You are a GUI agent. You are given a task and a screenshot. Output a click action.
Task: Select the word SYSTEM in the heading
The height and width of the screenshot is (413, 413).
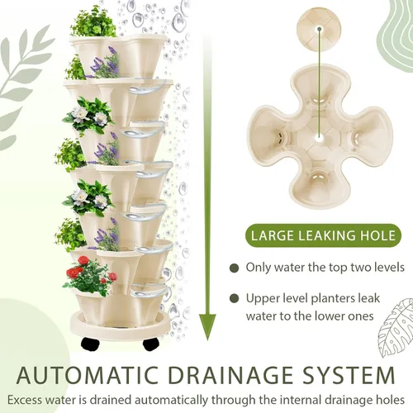349,375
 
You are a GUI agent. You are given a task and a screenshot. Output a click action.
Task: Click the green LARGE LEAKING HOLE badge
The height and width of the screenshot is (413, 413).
323,235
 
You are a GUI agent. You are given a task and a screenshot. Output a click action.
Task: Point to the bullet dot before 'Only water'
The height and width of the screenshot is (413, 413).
235,268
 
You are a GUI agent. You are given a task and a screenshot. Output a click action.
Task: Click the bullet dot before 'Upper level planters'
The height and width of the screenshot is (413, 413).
235,298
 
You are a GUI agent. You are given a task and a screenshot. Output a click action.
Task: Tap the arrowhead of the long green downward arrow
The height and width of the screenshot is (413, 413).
207,326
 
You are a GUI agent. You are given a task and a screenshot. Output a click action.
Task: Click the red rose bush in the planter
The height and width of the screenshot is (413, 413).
90,275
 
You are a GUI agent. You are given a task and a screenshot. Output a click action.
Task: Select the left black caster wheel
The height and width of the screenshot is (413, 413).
90,344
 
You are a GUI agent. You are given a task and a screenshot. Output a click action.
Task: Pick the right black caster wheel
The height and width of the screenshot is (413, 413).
151,344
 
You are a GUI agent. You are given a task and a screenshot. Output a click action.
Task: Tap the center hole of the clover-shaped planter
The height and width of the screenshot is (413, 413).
320,137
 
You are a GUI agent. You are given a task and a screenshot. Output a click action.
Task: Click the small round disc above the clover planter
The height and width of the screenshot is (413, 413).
319,30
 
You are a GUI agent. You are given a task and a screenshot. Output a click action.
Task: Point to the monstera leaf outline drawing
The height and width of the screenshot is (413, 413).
396,327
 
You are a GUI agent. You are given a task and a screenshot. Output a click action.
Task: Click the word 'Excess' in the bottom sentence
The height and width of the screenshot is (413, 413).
25,400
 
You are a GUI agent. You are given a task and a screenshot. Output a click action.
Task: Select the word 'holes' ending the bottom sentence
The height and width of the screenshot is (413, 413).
390,400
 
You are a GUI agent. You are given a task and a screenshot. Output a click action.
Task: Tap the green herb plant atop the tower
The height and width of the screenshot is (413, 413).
93,22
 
